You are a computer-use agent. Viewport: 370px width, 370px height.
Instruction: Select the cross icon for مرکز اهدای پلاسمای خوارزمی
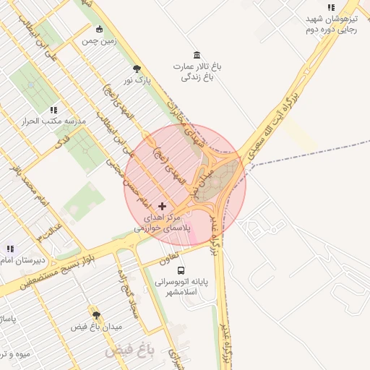[162, 207]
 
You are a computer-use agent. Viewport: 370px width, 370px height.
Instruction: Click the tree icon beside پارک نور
[137, 69]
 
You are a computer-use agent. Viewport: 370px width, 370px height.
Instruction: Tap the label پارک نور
[137, 81]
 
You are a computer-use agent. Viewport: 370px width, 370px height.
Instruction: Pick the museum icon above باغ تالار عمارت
[197, 56]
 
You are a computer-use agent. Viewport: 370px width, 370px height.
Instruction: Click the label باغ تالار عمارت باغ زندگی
[197, 71]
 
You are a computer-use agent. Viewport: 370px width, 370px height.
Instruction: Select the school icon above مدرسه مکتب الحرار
[53, 110]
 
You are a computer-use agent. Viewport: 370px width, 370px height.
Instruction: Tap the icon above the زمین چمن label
[99, 30]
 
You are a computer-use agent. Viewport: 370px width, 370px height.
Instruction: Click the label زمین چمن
[99, 41]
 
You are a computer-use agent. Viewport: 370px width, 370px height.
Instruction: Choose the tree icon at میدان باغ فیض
[96, 315]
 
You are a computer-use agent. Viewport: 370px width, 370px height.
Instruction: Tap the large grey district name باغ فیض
[131, 351]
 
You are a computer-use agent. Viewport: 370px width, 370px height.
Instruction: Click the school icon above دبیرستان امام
[10, 249]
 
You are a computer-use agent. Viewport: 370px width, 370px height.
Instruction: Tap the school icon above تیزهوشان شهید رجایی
[331, 7]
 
